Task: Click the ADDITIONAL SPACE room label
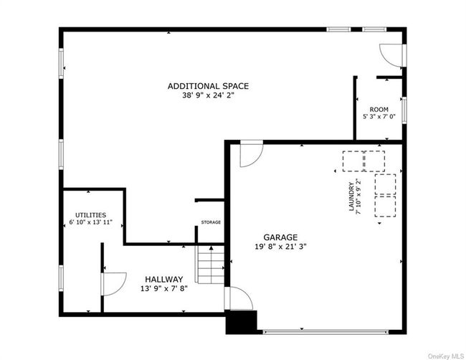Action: tap(208, 86)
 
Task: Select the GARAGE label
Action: tap(279, 237)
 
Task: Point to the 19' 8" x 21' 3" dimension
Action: tap(279, 247)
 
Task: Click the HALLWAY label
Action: tap(163, 279)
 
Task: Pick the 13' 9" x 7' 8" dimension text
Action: tap(163, 288)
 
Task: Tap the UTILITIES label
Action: tap(91, 214)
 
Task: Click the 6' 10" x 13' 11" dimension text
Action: tap(91, 223)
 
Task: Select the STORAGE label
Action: tap(211, 222)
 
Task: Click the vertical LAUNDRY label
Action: tap(352, 196)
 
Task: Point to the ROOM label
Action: tap(379, 110)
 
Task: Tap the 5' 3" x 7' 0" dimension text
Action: tap(379, 118)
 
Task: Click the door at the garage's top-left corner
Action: tap(250, 154)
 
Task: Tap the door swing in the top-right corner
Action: tap(390, 54)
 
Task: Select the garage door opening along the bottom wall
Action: tap(327, 331)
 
